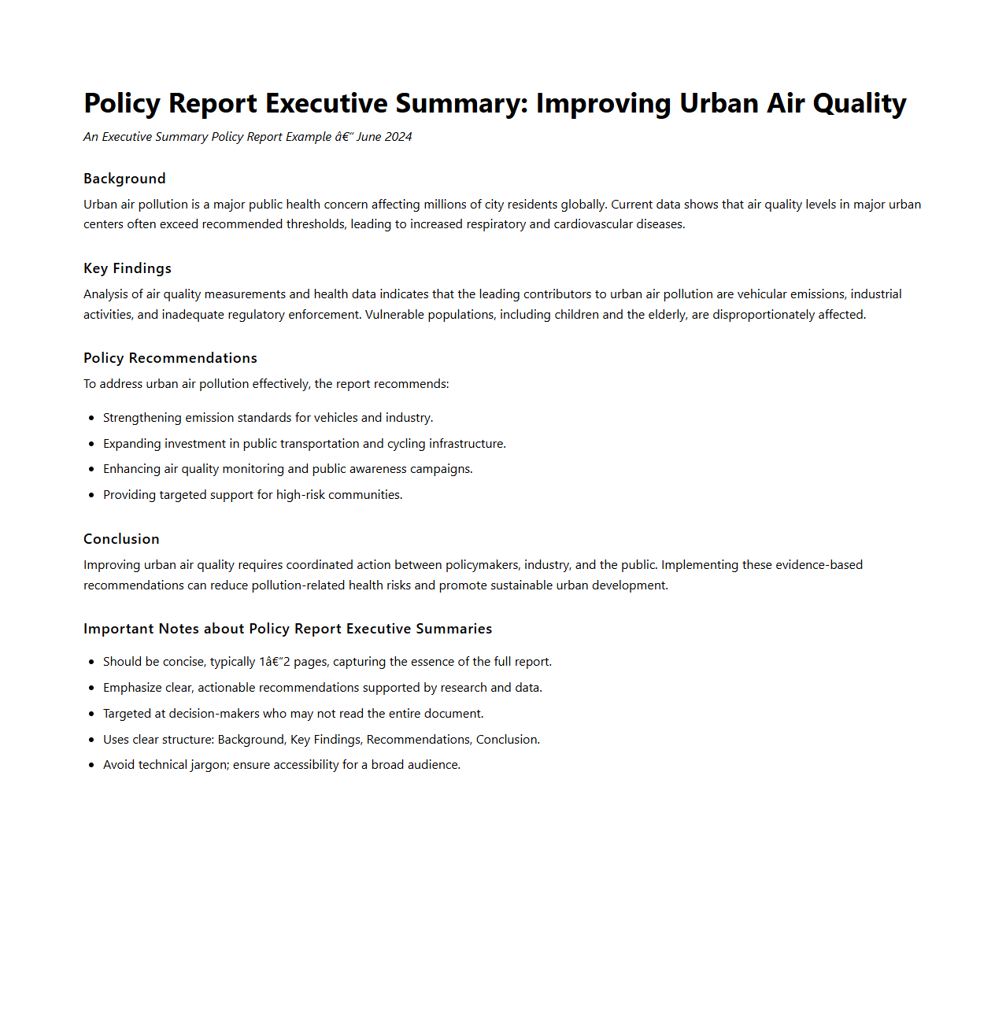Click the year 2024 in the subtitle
pos(398,137)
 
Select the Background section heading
pos(124,179)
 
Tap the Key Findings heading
pos(128,268)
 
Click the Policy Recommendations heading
pos(170,358)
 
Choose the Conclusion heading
pos(121,539)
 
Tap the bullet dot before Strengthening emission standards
pos(92,418)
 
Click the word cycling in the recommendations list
pos(406,444)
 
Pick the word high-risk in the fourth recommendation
pos(301,495)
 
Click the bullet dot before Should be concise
pos(92,663)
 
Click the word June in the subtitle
pos(369,137)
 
